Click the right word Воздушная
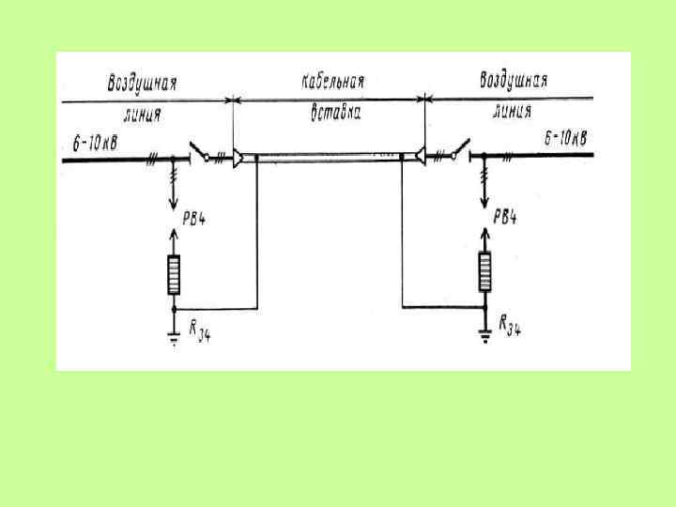click(514, 80)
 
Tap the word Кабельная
click(332, 83)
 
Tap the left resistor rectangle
click(174, 274)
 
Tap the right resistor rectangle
click(484, 272)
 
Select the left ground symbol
click(174, 338)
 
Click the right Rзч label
click(512, 326)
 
